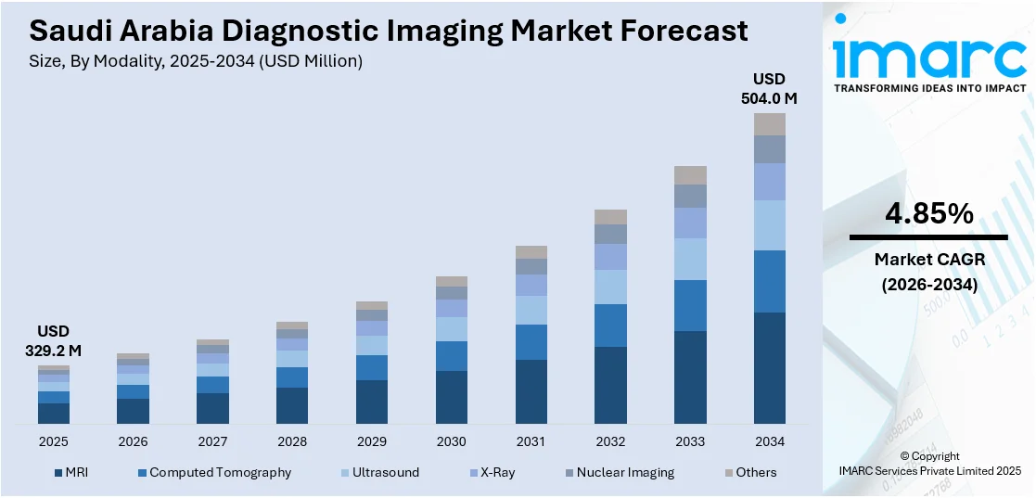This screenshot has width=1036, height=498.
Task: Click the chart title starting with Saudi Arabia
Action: [x=389, y=31]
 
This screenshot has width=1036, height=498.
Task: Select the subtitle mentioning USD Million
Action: [x=196, y=61]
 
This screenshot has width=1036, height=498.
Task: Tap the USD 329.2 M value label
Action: [x=53, y=341]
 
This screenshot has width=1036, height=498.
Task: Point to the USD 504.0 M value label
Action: [x=769, y=88]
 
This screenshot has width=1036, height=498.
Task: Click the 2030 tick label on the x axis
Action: [x=451, y=441]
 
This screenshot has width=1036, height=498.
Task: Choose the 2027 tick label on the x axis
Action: [x=212, y=441]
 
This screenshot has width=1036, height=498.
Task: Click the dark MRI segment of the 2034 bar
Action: [x=769, y=368]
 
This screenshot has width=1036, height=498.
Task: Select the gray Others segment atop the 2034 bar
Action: [x=769, y=124]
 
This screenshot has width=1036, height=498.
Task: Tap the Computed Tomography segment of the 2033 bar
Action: [x=689, y=305]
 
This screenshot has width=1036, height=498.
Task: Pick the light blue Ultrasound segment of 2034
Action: [x=769, y=225]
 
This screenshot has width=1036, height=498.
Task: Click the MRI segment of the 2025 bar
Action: [x=53, y=414]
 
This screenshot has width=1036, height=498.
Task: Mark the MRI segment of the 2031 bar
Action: [x=531, y=391]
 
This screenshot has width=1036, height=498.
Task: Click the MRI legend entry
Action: [x=72, y=473]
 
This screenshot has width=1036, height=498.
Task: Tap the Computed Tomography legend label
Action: [x=220, y=473]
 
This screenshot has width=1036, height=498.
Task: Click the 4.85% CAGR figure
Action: [x=928, y=214]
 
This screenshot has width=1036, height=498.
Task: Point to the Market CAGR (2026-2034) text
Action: [x=928, y=273]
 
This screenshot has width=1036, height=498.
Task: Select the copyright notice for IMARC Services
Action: [x=928, y=464]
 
